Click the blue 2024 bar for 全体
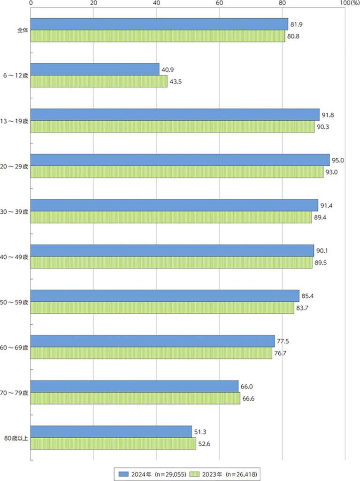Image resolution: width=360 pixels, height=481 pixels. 160,24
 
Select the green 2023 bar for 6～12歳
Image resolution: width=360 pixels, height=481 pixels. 99,81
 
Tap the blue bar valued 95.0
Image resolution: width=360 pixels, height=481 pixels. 180,160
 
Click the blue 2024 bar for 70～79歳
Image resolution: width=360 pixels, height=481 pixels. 135,386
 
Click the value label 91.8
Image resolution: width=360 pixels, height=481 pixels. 328,115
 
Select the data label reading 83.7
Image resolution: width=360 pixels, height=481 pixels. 303,308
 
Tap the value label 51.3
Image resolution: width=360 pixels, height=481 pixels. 200,432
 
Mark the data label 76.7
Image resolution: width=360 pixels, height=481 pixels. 281,353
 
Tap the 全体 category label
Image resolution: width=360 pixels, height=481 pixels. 21,31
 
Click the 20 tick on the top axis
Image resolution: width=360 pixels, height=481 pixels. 93,3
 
